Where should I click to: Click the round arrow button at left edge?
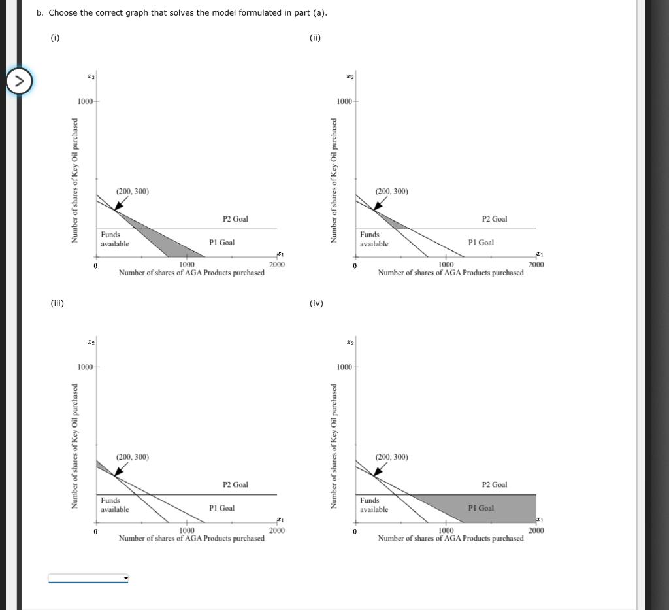pyautogui.click(x=19, y=82)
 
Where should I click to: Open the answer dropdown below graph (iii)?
pyautogui.click(x=88, y=578)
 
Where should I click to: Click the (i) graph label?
pyautogui.click(x=55, y=37)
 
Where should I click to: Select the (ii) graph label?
pyautogui.click(x=315, y=37)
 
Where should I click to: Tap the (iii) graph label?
pyautogui.click(x=57, y=303)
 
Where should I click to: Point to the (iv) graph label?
pyautogui.click(x=316, y=303)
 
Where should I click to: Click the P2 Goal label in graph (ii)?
pyautogui.click(x=495, y=219)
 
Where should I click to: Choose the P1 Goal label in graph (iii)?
pyautogui.click(x=222, y=508)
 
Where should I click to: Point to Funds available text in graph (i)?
pyautogui.click(x=114, y=239)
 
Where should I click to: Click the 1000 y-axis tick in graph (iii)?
pyautogui.click(x=86, y=367)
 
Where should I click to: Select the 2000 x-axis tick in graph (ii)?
pyautogui.click(x=536, y=265)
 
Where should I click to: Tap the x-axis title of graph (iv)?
pyautogui.click(x=450, y=539)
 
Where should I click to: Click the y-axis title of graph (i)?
pyautogui.click(x=75, y=180)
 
